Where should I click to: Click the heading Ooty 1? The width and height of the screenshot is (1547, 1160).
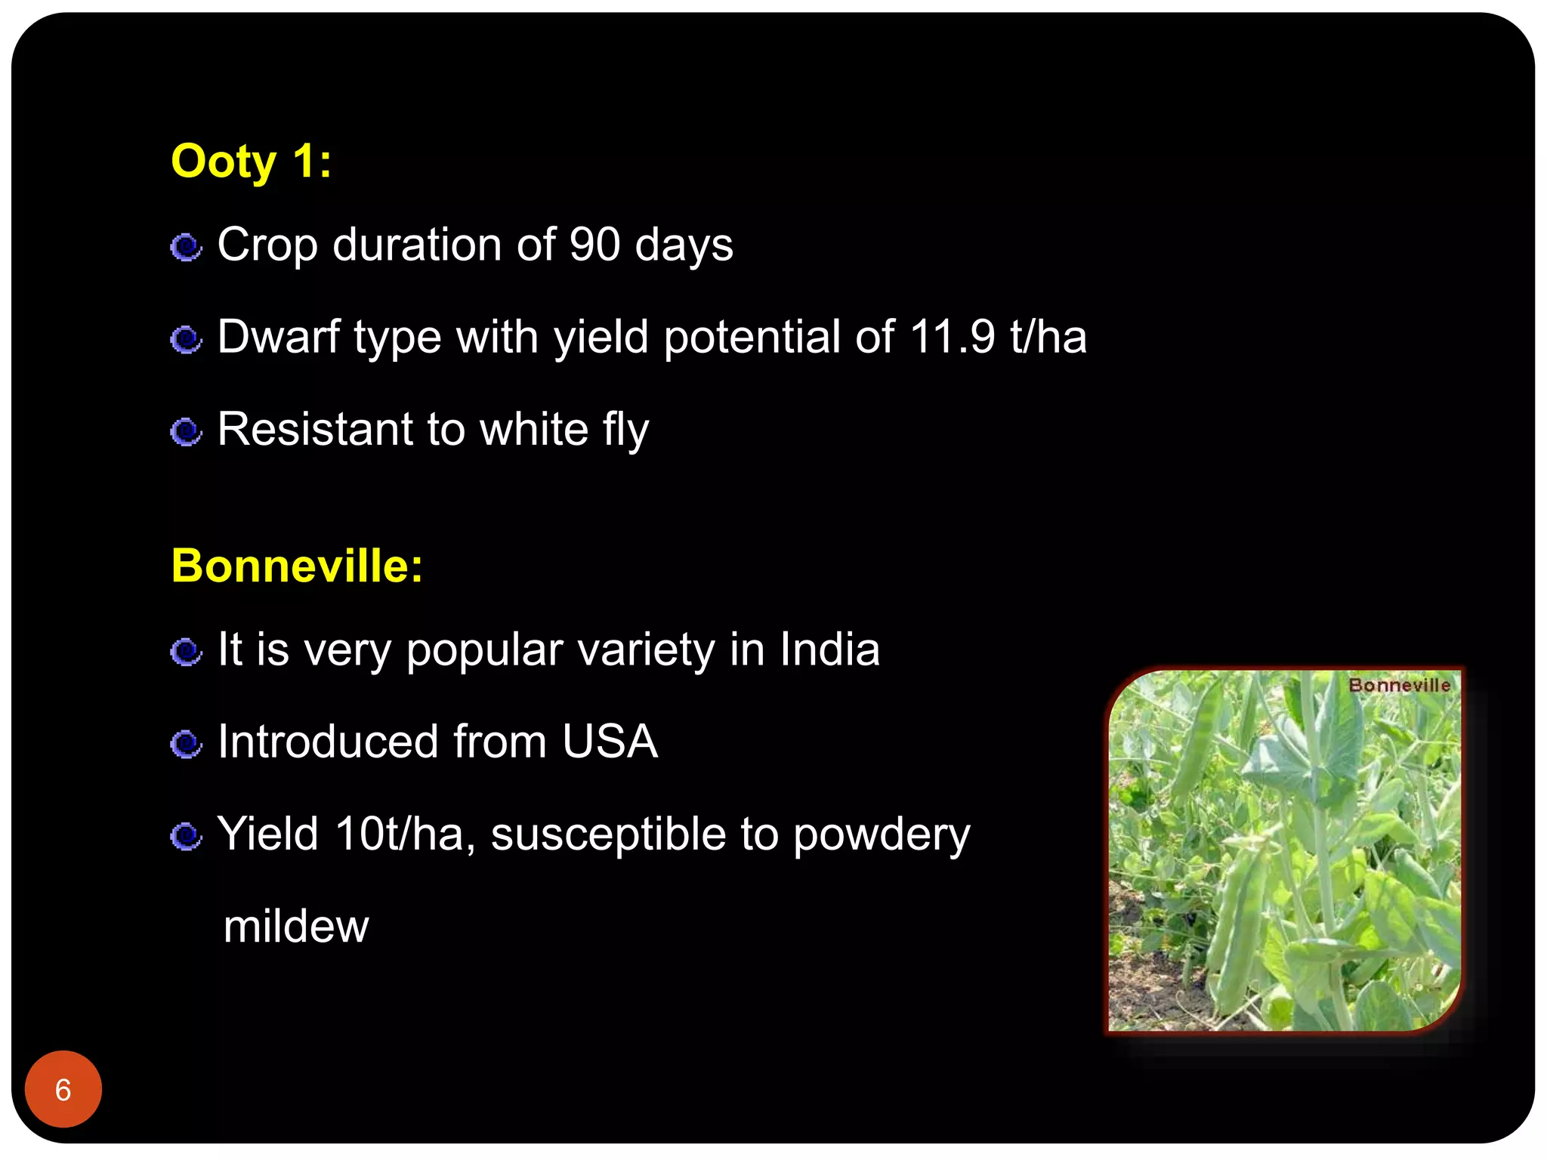click(251, 162)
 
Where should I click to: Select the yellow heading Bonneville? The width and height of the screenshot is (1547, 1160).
click(297, 566)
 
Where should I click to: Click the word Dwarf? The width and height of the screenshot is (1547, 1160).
click(278, 337)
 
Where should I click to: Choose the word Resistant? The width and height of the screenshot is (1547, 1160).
click(314, 429)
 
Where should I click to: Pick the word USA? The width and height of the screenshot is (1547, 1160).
click(610, 742)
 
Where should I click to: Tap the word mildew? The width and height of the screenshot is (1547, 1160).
click(296, 927)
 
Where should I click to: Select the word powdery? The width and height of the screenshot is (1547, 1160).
click(882, 835)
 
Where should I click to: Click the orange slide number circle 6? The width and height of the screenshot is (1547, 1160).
click(63, 1089)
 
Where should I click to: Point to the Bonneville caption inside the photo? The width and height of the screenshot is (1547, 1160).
click(1399, 685)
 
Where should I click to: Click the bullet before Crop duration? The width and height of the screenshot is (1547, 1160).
click(186, 247)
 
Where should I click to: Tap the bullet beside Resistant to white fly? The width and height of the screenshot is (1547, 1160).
click(186, 432)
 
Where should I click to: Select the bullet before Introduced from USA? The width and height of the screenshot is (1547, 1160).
click(186, 744)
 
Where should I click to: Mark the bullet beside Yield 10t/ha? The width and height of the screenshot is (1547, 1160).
click(186, 836)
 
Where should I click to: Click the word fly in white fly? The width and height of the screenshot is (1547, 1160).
click(625, 430)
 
